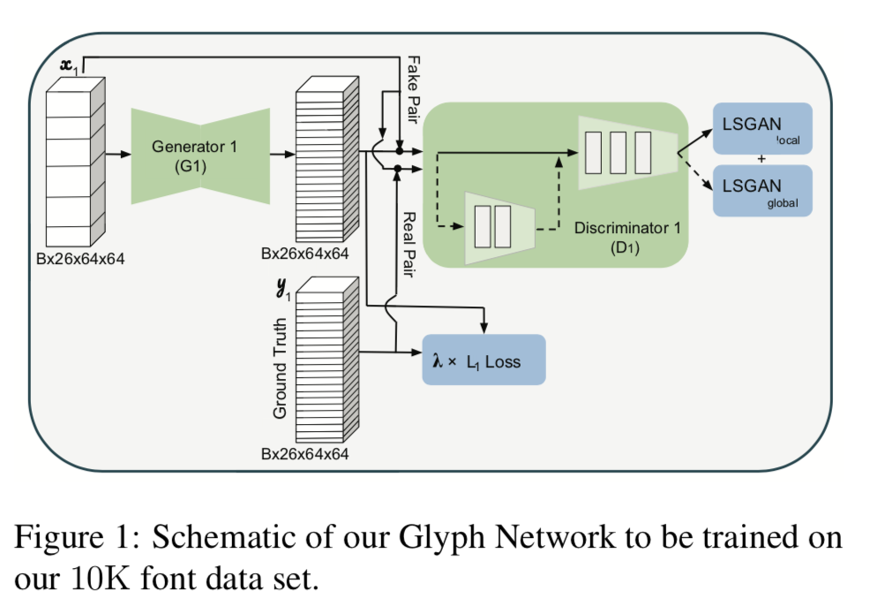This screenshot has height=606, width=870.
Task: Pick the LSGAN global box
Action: pos(761,191)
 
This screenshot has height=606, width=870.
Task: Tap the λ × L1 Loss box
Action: pos(484,360)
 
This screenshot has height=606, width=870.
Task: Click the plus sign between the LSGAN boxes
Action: pos(761,160)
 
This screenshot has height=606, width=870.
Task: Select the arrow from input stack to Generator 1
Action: pos(117,155)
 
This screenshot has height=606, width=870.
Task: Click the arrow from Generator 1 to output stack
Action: pos(282,155)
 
